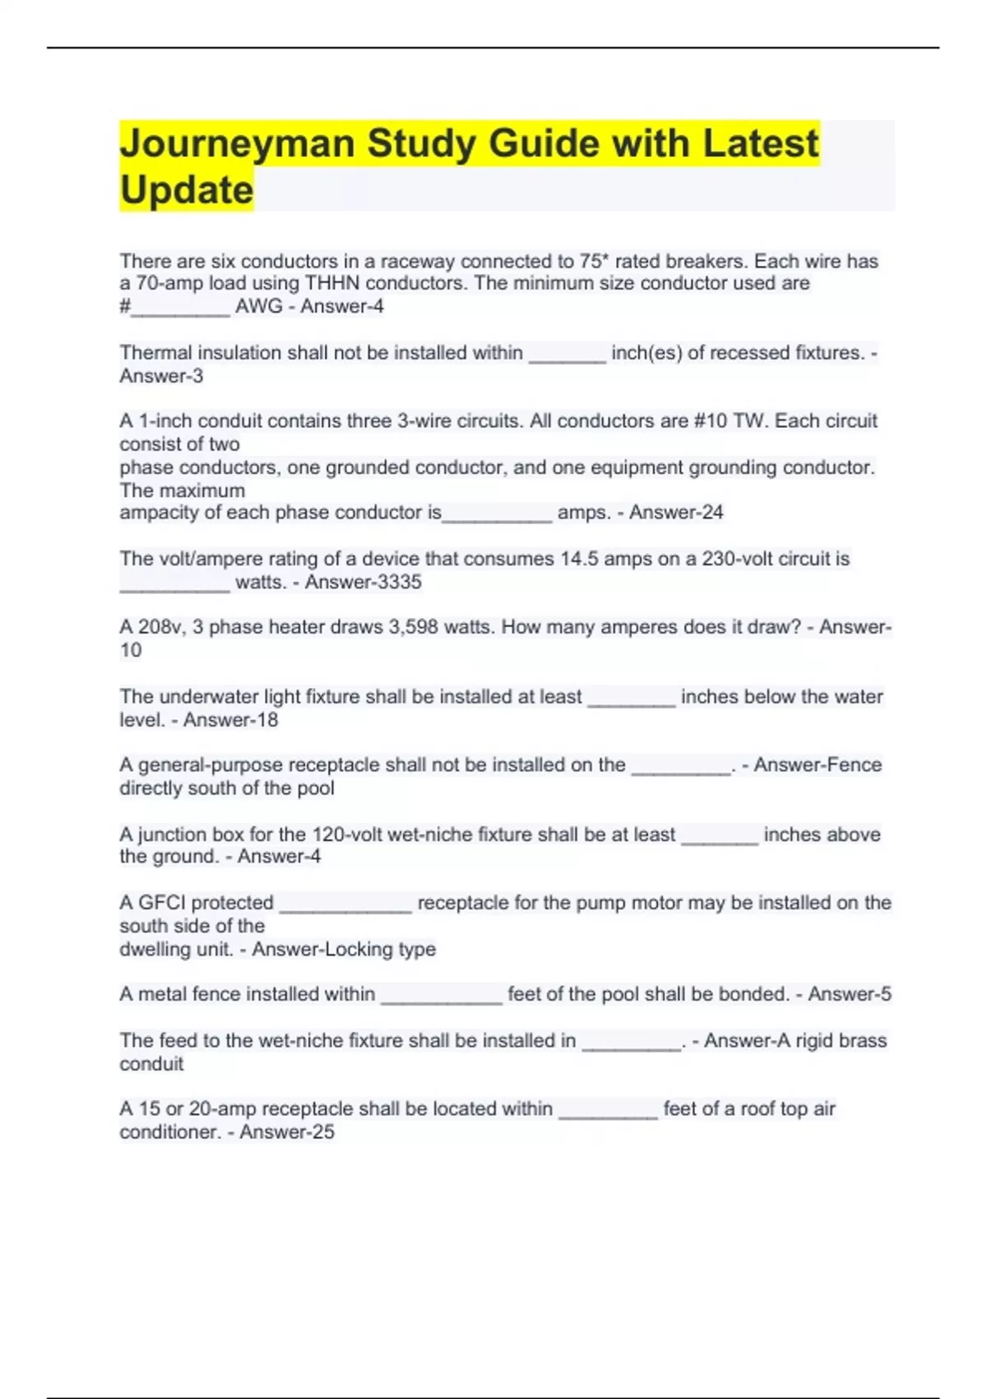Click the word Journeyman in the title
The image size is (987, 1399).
click(x=237, y=145)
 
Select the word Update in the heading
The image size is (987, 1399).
click(x=187, y=190)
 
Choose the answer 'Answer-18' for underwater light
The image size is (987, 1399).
click(x=230, y=720)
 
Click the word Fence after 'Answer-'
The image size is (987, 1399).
click(x=855, y=765)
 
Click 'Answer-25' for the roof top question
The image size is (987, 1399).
click(x=287, y=1132)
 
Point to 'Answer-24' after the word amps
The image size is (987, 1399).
click(x=676, y=512)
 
